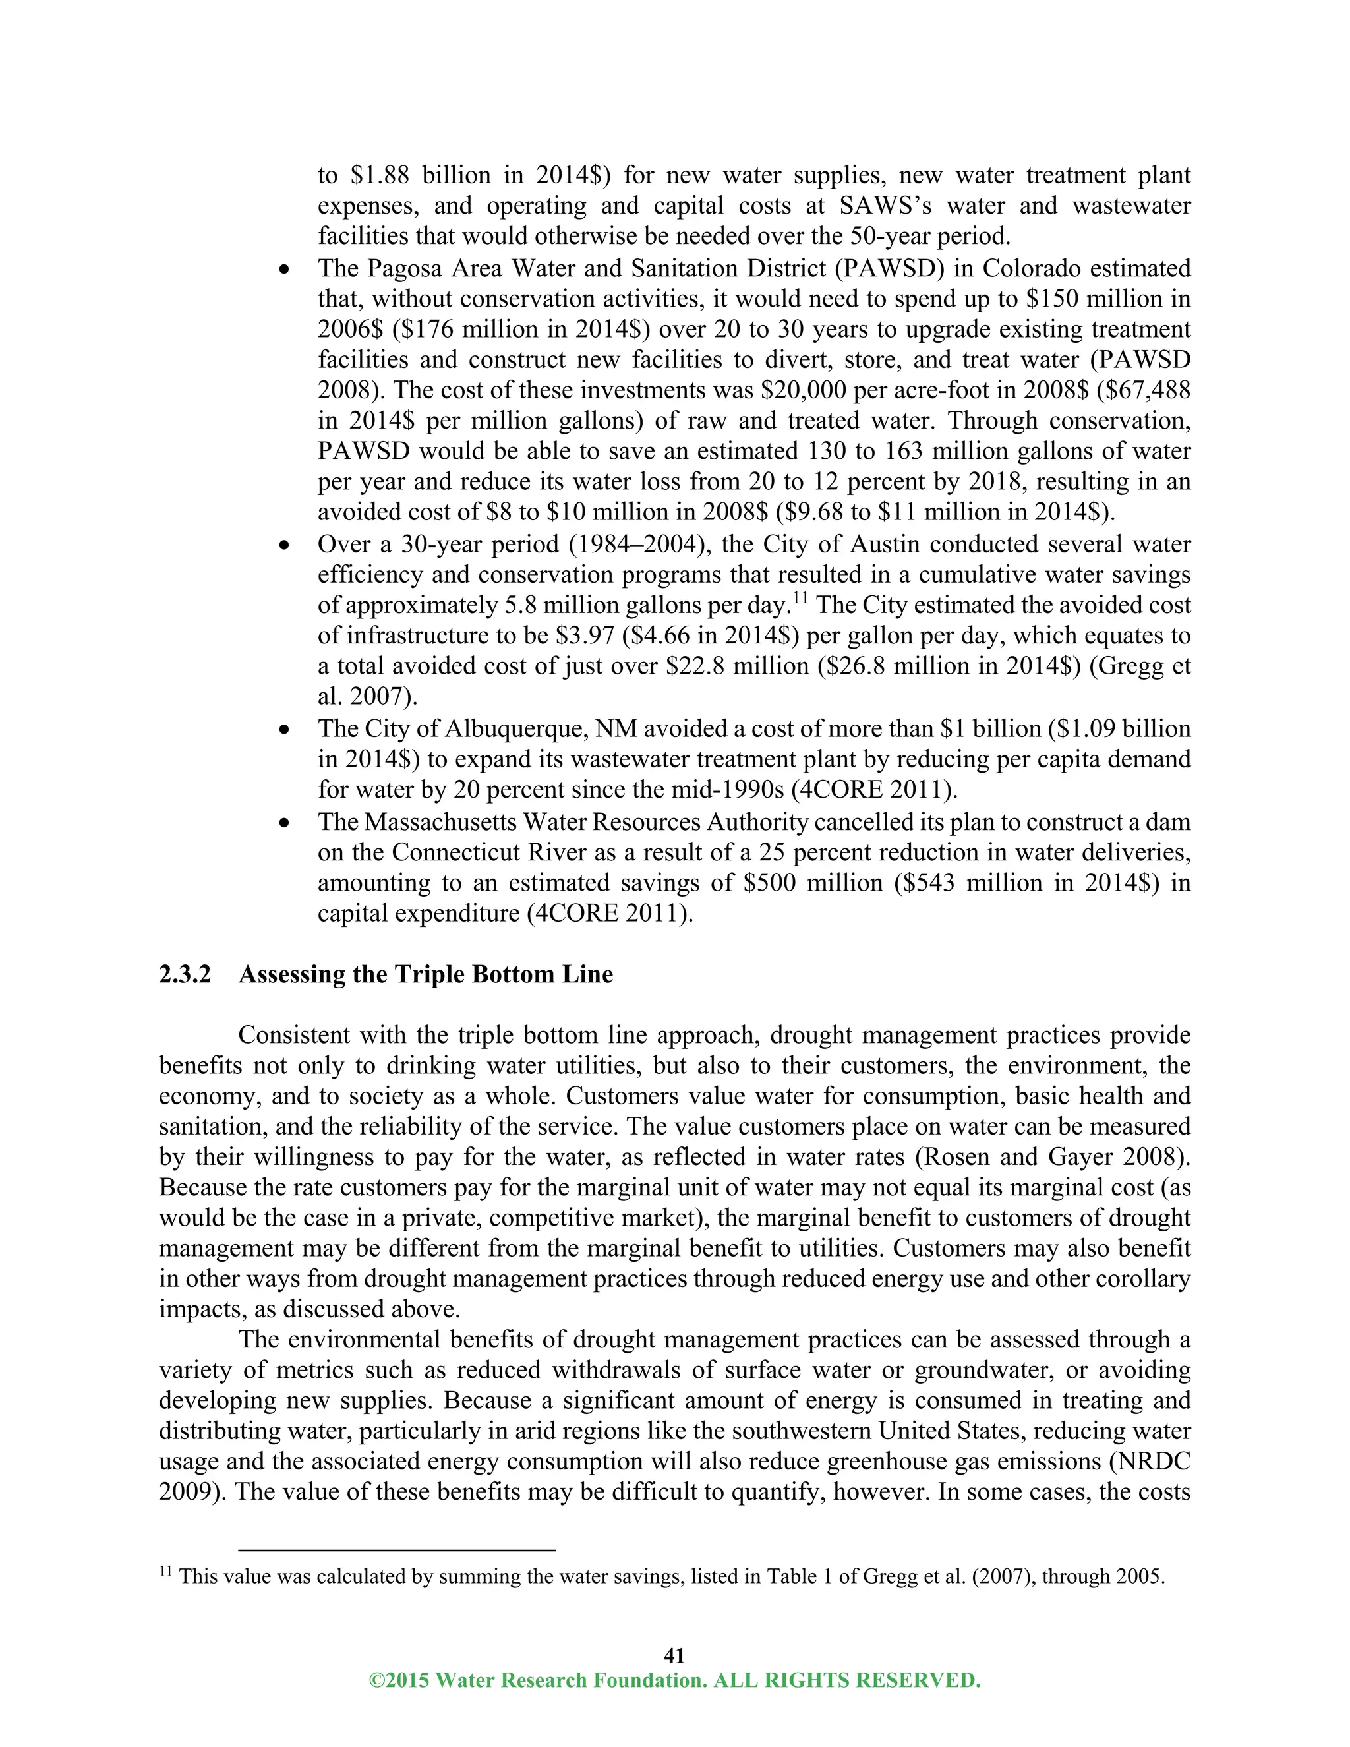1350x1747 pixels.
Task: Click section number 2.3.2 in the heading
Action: coord(185,974)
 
